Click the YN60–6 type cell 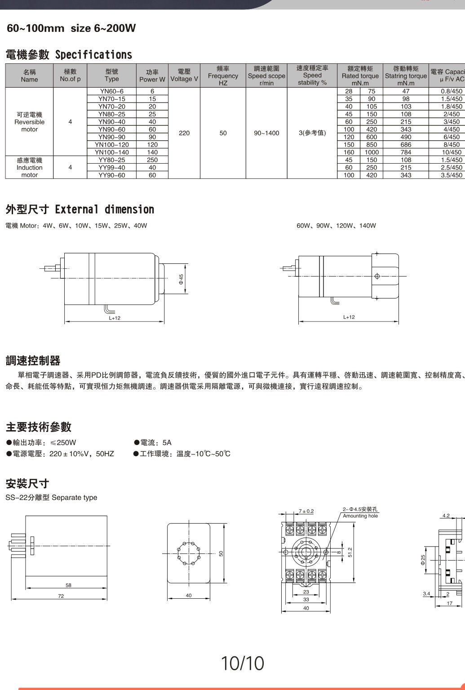(x=111, y=91)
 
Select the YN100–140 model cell (x=111, y=152)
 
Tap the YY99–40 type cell (x=111, y=168)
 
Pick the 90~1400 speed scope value (x=266, y=133)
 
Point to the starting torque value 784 (x=406, y=152)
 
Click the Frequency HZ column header (x=223, y=76)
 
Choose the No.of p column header (x=70, y=76)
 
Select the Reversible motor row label (x=29, y=122)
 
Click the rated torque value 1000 (x=372, y=152)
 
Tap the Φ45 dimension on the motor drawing (x=181, y=279)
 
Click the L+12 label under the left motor (x=115, y=318)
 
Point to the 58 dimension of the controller (x=68, y=585)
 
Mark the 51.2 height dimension (x=350, y=552)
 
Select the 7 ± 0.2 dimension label (x=306, y=511)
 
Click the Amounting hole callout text (x=360, y=516)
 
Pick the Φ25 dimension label (x=423, y=560)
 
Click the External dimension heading (x=104, y=209)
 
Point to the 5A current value (x=167, y=442)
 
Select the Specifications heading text (x=93, y=55)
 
